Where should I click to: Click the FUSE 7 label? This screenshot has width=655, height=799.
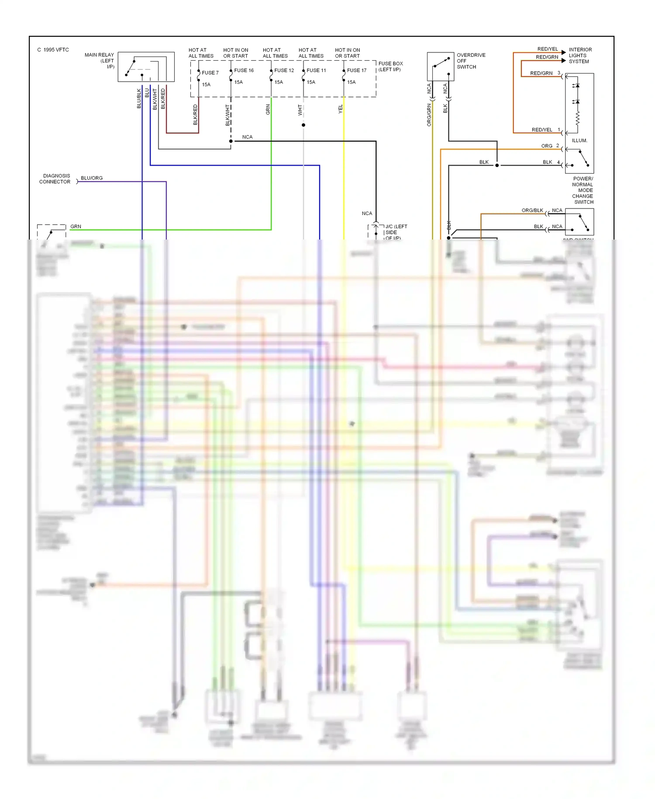pyautogui.click(x=210, y=73)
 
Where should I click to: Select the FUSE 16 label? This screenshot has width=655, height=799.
pyautogui.click(x=244, y=70)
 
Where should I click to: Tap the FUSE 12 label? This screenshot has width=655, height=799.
pyautogui.click(x=284, y=70)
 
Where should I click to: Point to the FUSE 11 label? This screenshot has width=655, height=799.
pyautogui.click(x=316, y=70)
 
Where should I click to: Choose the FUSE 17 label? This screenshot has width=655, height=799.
pyautogui.click(x=357, y=70)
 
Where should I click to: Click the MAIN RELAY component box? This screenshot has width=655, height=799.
pyautogui.click(x=146, y=67)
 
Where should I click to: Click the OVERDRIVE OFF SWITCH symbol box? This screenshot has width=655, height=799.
pyautogui.click(x=440, y=66)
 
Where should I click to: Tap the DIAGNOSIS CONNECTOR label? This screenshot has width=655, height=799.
pyautogui.click(x=55, y=179)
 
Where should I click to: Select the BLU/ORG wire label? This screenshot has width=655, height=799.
pyautogui.click(x=92, y=178)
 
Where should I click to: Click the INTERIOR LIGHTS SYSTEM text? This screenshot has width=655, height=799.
pyautogui.click(x=580, y=56)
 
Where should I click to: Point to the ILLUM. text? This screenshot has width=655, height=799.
pyautogui.click(x=579, y=140)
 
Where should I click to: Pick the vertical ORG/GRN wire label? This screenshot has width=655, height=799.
pyautogui.click(x=429, y=115)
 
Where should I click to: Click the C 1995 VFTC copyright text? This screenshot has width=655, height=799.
pyautogui.click(x=53, y=50)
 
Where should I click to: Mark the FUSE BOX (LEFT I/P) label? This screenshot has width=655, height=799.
pyautogui.click(x=390, y=66)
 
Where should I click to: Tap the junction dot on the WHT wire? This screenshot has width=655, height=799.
pyautogui.click(x=303, y=125)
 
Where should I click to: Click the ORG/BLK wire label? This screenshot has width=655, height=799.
pyautogui.click(x=532, y=210)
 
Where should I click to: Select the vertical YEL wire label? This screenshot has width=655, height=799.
pyautogui.click(x=341, y=109)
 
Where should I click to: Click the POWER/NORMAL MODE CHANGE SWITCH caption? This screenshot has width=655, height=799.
pyautogui.click(x=583, y=190)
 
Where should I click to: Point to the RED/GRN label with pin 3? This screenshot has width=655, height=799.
pyautogui.click(x=541, y=73)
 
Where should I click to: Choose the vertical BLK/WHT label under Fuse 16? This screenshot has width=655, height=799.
pyautogui.click(x=228, y=115)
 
